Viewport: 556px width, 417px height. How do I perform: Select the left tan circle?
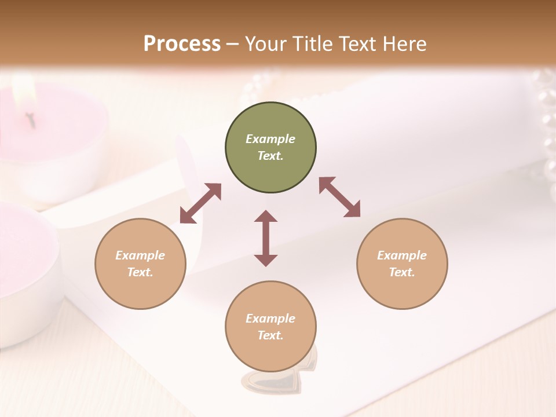140,264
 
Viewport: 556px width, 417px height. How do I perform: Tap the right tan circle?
402,264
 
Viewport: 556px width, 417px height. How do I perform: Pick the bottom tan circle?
270,327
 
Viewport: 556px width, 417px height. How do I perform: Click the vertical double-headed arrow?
266,238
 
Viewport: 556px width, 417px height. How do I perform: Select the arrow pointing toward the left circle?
200,203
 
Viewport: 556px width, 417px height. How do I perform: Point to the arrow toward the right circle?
340,197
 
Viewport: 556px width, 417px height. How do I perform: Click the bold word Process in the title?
182,43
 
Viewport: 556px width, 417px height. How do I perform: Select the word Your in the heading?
265,43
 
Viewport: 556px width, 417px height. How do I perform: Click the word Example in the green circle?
270,139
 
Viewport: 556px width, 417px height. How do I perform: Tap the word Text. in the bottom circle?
270,335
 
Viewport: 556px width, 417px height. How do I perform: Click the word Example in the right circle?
402,255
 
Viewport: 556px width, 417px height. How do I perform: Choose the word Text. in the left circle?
140,272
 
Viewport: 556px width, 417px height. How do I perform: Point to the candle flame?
25,93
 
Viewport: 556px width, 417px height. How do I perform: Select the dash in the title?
233,44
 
